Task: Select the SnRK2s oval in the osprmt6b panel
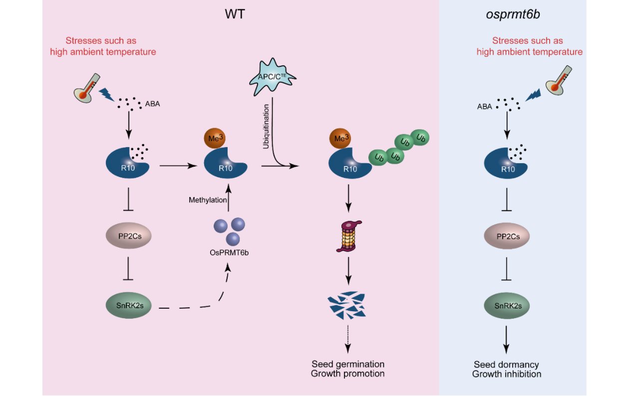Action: coord(507,305)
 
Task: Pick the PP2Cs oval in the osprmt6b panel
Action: coord(507,236)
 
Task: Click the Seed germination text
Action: coord(348,364)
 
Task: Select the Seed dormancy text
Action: coord(506,365)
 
